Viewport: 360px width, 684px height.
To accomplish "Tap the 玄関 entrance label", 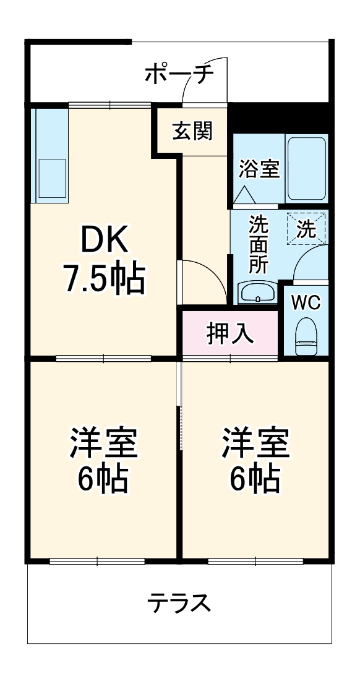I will click(x=192, y=130).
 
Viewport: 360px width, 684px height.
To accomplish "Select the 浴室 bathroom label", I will click(x=259, y=169).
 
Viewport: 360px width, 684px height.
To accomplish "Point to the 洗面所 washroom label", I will click(x=258, y=244).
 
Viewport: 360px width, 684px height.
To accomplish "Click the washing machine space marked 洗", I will click(x=307, y=228).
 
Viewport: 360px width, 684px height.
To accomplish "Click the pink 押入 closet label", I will click(x=229, y=333).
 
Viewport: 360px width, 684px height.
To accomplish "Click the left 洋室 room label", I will click(x=103, y=442).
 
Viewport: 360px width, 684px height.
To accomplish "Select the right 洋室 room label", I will click(x=256, y=442).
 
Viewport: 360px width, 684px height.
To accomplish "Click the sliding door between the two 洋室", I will click(x=180, y=427).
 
